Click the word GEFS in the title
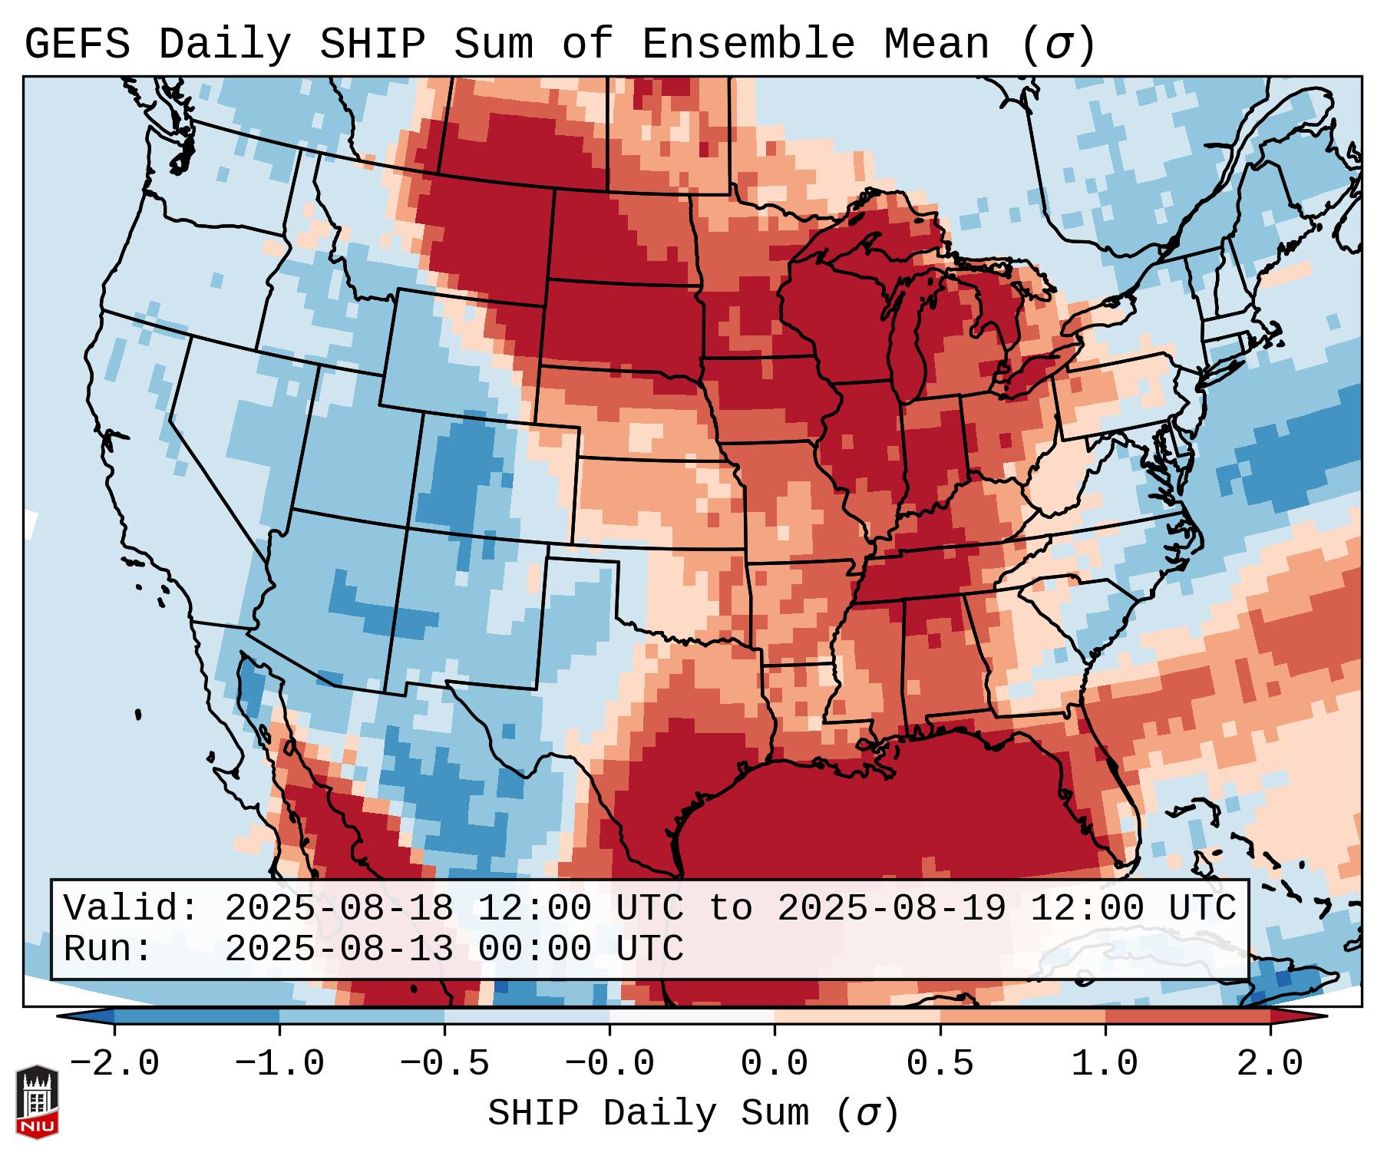click(x=77, y=45)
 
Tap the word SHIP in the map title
click(x=372, y=45)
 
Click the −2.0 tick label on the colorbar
click(x=114, y=1064)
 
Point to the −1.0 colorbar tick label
click(x=279, y=1064)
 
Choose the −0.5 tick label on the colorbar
click(x=444, y=1064)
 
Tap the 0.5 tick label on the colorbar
click(x=940, y=1064)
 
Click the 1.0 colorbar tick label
click(x=1105, y=1064)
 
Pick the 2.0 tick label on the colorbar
click(x=1270, y=1064)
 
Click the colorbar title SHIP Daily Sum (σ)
click(x=692, y=1113)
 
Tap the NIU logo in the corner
click(x=37, y=1102)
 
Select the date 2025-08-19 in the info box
click(x=891, y=908)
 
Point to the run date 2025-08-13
click(x=339, y=949)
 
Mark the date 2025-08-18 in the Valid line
click(x=339, y=908)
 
